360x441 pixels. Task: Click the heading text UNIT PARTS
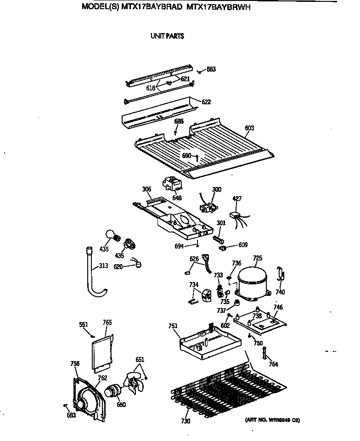pos(167,36)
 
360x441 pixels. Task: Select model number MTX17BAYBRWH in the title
pos(220,7)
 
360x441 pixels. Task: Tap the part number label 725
pos(258,259)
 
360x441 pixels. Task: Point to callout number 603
pos(249,128)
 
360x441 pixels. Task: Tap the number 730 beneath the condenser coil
pos(185,421)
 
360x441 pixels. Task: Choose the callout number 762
pos(102,378)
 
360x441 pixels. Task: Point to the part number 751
pos(173,326)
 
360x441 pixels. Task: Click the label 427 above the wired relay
pos(237,199)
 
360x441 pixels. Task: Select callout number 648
pos(177,198)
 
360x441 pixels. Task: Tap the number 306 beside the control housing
pos(146,189)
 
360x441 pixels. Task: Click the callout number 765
pos(107,322)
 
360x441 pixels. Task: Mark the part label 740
pos(280,292)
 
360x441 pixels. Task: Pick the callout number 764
pos(273,365)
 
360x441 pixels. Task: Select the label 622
pos(206,102)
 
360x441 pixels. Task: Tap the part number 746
pos(278,307)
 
